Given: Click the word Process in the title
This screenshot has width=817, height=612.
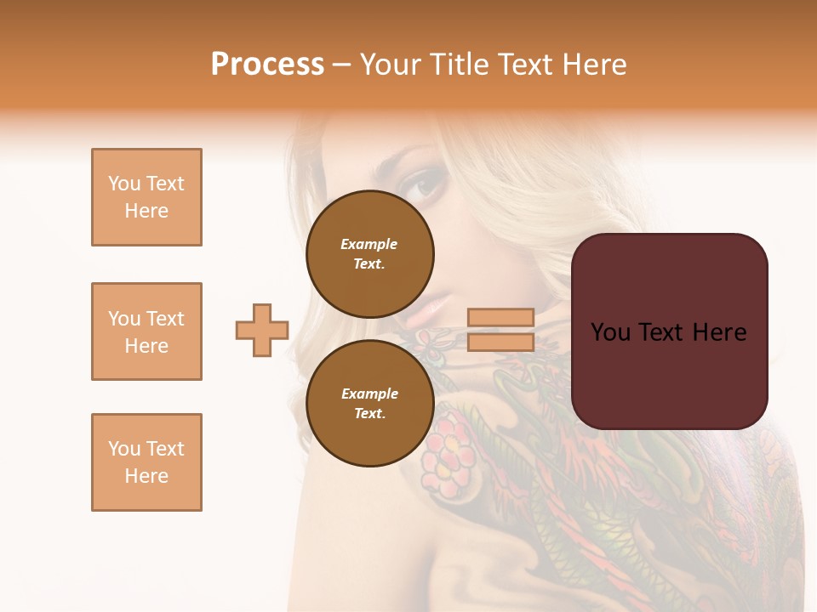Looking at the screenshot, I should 267,65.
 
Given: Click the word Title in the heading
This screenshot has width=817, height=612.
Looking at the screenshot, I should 458,65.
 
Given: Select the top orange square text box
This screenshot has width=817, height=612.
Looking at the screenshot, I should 146,197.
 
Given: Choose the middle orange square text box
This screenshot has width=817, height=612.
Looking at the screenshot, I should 146,331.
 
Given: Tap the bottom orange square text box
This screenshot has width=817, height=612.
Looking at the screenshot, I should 146,462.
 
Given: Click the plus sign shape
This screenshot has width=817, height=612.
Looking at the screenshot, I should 262,330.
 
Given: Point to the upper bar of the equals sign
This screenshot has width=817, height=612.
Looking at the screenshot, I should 500,318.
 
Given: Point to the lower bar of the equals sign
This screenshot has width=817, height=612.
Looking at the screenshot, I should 500,342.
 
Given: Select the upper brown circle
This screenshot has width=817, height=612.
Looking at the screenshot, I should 369,253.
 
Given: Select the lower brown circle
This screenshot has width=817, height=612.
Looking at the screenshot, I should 369,403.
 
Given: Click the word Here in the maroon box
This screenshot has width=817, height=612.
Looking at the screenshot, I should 719,332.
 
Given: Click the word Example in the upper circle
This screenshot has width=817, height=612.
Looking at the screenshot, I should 369,244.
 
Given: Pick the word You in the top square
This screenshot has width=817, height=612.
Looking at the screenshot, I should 123,184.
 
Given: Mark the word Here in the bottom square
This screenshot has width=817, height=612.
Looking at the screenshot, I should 146,476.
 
